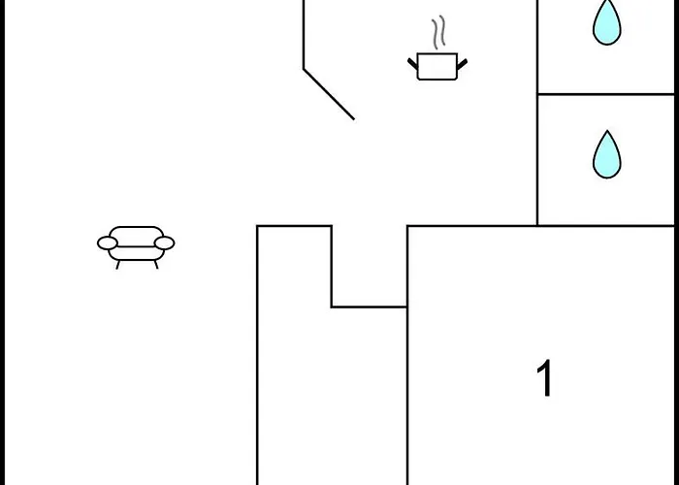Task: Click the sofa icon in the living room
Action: coord(136,247)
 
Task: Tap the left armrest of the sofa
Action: coord(108,242)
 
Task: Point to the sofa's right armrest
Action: coord(165,242)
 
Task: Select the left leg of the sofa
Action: coord(117,265)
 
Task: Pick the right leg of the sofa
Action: coord(156,265)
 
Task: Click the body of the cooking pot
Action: coord(437,67)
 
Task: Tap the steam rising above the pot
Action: coord(438,32)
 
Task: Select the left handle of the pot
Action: coord(412,64)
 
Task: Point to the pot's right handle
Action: coord(462,64)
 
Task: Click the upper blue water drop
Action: coord(606,21)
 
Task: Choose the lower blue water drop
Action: coord(606,154)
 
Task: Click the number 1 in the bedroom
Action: coord(544,377)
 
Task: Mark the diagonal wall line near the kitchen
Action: coord(329,94)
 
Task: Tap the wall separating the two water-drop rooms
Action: coord(606,94)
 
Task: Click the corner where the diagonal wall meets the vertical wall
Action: coord(304,69)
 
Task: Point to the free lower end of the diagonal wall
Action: coord(354,119)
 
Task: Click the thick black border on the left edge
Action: coord(3,242)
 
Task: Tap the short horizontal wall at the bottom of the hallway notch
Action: coord(370,307)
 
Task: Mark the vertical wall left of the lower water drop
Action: coord(537,160)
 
